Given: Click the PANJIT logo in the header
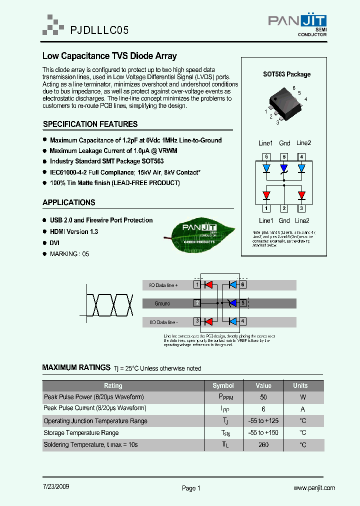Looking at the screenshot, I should tap(297, 23).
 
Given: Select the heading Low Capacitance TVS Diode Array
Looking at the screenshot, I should tap(109, 56).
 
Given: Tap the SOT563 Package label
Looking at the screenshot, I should tap(286, 74).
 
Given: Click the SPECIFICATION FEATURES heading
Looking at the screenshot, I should tap(90, 124).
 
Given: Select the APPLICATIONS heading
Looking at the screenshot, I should tap(69, 202).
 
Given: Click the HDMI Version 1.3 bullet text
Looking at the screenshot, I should tap(74, 231).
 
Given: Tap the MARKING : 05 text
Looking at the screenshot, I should tap(69, 254).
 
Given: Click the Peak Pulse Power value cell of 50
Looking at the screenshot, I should tap(263, 397).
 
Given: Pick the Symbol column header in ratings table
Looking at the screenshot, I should tap(223, 385).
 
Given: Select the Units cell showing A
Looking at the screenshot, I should tap(302, 408).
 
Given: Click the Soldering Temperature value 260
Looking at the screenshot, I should tap(263, 444).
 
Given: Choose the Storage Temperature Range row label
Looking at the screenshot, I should tap(81, 432).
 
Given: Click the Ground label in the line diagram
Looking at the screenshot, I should tap(162, 303).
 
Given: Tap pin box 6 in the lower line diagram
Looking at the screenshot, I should tap(243, 285).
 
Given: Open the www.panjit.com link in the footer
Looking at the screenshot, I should tap(314, 487).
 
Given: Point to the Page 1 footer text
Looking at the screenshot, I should tap(191, 488).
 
